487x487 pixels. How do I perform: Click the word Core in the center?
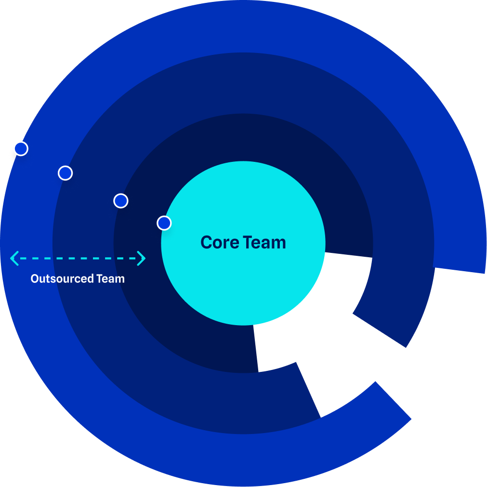pyautogui.click(x=220, y=242)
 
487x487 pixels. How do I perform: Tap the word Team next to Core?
pyautogui.click(x=264, y=242)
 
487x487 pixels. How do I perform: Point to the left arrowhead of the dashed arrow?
pyautogui.click(x=13, y=258)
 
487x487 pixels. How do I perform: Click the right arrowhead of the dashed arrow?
pyautogui.click(x=142, y=258)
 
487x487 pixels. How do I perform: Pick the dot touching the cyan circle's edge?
pyautogui.click(x=164, y=223)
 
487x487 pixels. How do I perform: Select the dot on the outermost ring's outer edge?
pyautogui.click(x=21, y=148)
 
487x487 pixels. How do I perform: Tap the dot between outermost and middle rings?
pyautogui.click(x=65, y=172)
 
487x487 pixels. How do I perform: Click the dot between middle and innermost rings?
pyautogui.click(x=120, y=200)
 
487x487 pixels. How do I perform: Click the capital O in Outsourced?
pyautogui.click(x=34, y=278)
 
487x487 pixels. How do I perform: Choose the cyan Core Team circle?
pyautogui.click(x=243, y=289)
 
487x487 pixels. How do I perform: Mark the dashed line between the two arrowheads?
pyautogui.click(x=78, y=258)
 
